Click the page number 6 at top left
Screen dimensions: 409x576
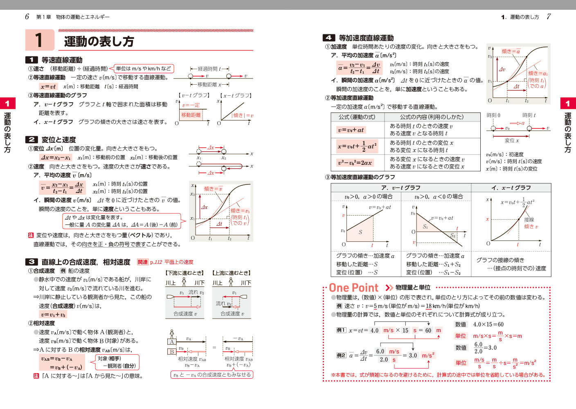coord(27,17)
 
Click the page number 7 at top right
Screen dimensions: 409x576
coord(549,17)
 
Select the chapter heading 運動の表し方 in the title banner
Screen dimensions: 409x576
coord(99,42)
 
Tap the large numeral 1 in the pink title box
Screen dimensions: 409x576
coord(39,40)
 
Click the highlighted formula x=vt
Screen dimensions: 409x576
coord(48,87)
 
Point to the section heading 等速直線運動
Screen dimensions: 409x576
coord(62,60)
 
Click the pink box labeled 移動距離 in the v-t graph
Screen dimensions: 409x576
coord(191,115)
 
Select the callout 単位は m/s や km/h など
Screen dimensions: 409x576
coord(143,69)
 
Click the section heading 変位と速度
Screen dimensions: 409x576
coord(59,140)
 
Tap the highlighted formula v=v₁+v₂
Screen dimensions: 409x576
coord(53,315)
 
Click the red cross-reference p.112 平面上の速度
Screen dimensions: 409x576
coord(171,262)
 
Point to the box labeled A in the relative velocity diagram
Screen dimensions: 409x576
coord(172,342)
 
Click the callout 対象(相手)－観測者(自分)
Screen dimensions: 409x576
coord(117,362)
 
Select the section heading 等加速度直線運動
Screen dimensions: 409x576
coord(366,38)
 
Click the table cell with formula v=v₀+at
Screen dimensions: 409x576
coord(351,130)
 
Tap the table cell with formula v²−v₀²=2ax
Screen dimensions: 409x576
coord(355,163)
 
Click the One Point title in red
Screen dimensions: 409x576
coord(354,288)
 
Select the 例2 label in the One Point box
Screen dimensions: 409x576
coord(341,355)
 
